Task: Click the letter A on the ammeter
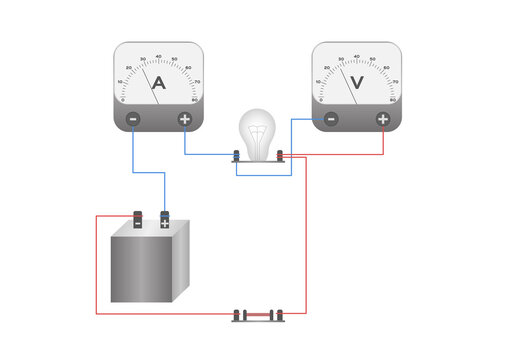tap(158, 86)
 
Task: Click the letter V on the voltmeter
tap(357, 86)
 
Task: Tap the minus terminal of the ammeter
tap(133, 120)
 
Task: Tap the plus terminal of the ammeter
tap(184, 120)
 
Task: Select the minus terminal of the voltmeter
tap(331, 120)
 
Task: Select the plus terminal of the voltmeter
tap(382, 120)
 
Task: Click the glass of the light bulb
tap(259, 131)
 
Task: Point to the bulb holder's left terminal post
tap(236, 155)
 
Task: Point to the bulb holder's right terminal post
tap(282, 155)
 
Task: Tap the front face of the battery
tap(140, 268)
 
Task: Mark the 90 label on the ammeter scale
tap(195, 99)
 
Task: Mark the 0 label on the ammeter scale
tap(122, 99)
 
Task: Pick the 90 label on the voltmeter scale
tap(393, 99)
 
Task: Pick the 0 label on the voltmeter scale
tap(320, 99)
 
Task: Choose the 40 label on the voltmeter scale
tap(357, 56)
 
